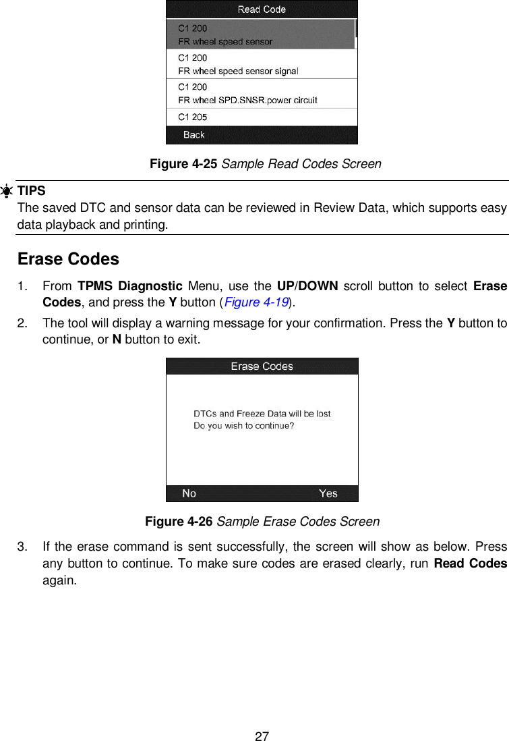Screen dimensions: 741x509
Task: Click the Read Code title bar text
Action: (262, 9)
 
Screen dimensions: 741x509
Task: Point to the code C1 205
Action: (193, 117)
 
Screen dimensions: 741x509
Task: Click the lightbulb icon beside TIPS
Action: (7, 191)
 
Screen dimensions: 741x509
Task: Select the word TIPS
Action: (31, 191)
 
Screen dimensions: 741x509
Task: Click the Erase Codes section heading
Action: (68, 259)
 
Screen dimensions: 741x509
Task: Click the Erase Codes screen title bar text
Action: (262, 366)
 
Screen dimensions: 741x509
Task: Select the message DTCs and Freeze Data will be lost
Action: (262, 414)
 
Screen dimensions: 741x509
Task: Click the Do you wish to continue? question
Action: (244, 426)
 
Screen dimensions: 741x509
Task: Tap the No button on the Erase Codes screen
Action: (189, 493)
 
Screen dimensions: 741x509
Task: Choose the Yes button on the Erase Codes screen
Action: (328, 493)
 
